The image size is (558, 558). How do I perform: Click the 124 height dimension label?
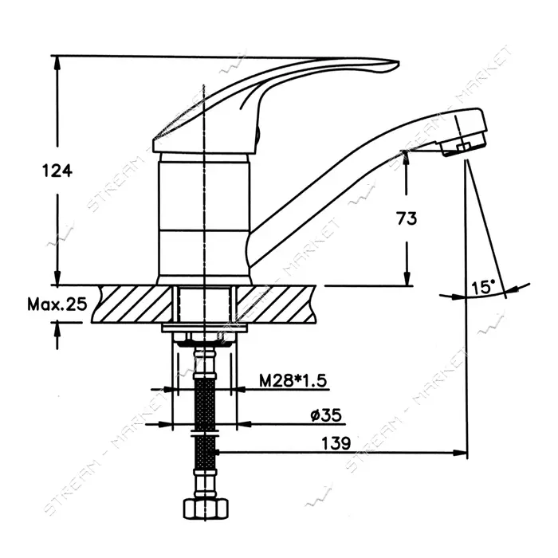57,171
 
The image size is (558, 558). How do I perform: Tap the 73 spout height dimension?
407,218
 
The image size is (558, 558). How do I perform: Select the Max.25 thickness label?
57,305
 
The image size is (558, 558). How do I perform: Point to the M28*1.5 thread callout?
293,381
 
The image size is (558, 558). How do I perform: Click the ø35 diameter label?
326,415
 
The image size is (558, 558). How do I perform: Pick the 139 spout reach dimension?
336,443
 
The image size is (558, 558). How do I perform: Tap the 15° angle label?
483,287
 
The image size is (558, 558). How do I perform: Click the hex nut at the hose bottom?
206,509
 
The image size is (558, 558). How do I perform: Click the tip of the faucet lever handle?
398,65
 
